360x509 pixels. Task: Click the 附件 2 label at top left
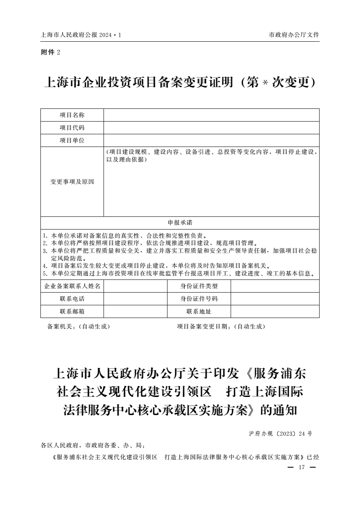pos(50,52)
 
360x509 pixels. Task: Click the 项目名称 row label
pos(72,115)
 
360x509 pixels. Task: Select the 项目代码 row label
pos(72,128)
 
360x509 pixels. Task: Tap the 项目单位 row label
pos(72,141)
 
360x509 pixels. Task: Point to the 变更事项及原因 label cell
pos(72,182)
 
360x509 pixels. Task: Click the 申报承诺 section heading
pos(180,223)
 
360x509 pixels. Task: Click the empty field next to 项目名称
pos(211,115)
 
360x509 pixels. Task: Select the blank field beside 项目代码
pos(211,128)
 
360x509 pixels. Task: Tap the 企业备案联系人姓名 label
pos(72,286)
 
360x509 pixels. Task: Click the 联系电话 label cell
pos(72,299)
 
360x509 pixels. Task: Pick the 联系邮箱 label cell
pos(72,312)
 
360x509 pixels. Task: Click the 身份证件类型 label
pos(199,286)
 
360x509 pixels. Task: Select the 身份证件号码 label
pos(199,299)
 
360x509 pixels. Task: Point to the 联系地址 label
pos(199,312)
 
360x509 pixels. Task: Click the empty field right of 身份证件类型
pos(275,286)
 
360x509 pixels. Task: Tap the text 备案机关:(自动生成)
pos(79,327)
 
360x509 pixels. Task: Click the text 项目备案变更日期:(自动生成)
pos(221,327)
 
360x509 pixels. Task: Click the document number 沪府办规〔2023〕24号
pos(281,434)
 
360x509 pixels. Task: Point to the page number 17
pos(301,468)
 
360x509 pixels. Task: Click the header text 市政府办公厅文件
pos(294,35)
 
